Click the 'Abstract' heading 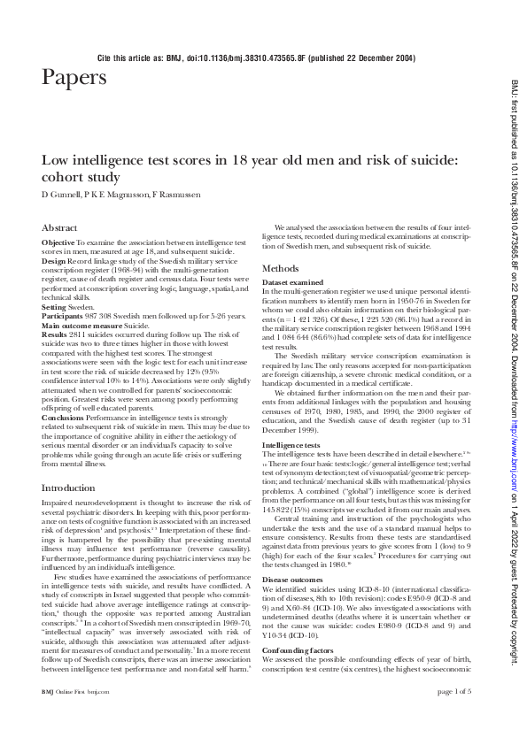(60, 227)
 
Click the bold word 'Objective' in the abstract (58, 242)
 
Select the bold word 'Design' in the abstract (54, 261)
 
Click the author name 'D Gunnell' (62, 194)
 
